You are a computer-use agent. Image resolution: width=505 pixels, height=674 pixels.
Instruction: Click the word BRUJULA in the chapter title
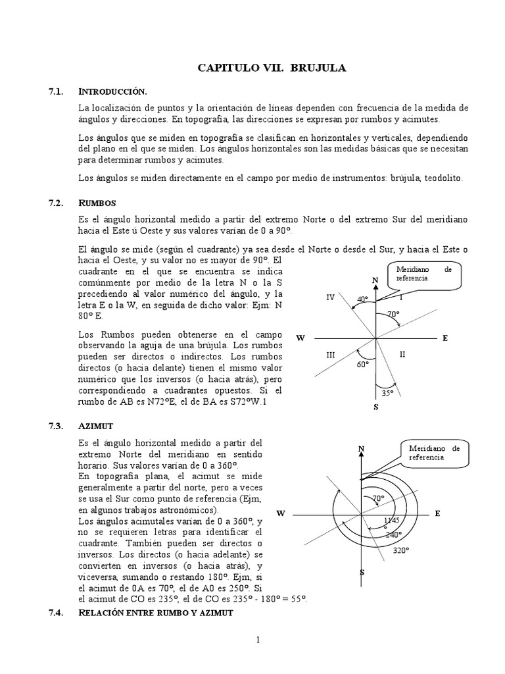[x=318, y=68]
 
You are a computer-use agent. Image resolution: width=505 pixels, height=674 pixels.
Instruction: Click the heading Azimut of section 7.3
[x=96, y=426]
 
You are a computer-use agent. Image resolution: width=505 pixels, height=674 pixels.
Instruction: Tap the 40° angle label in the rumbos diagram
[x=362, y=299]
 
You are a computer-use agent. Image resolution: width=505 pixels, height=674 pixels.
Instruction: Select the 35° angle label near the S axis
[x=387, y=393]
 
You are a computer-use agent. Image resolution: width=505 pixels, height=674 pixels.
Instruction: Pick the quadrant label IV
[x=331, y=298]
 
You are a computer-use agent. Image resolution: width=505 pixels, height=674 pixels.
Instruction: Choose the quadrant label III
[x=331, y=355]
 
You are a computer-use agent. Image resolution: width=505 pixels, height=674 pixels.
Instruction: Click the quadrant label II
[x=402, y=354]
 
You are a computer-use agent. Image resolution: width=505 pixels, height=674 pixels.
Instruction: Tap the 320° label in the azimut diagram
[x=400, y=550]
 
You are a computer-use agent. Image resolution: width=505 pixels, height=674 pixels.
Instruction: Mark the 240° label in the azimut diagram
[x=393, y=534]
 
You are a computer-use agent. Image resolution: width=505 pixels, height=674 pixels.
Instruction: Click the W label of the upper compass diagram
[x=301, y=338]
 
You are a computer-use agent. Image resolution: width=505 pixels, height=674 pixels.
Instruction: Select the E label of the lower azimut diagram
[x=437, y=513]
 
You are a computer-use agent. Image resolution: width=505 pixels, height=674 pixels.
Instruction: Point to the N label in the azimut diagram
[x=361, y=449]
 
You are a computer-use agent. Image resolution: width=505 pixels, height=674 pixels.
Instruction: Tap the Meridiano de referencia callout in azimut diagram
[x=431, y=452]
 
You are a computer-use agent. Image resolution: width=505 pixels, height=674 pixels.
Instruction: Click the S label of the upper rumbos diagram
[x=375, y=407]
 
